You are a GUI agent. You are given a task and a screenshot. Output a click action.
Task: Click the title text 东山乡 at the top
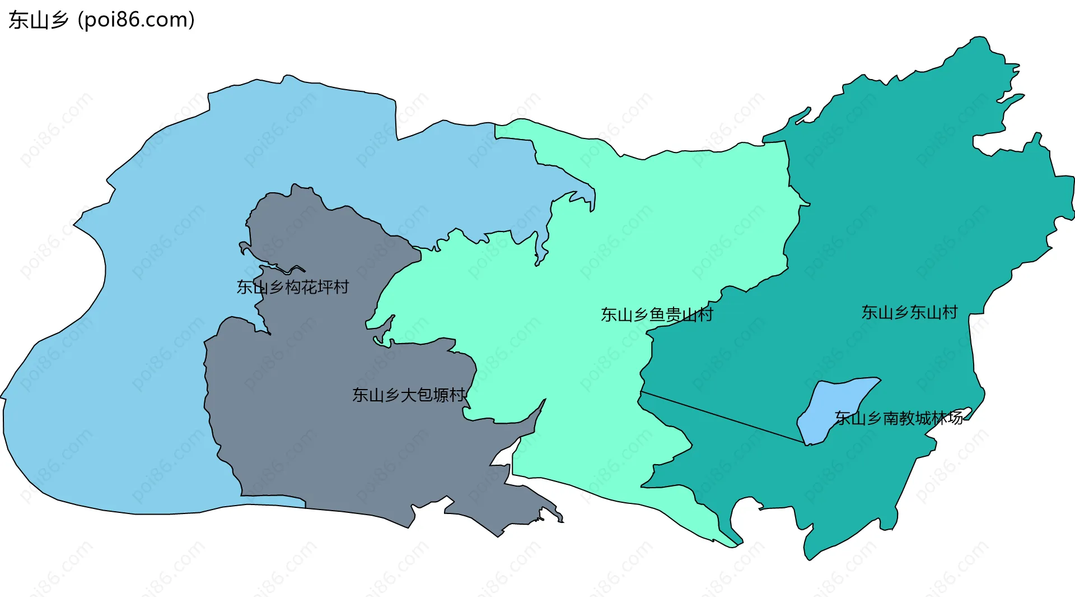pyautogui.click(x=38, y=20)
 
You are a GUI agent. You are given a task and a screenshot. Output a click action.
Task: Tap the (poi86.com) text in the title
pyautogui.click(x=137, y=20)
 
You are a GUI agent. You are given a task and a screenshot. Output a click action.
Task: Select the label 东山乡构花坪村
pyautogui.click(x=292, y=287)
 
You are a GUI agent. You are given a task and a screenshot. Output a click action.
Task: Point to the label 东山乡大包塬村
pyautogui.click(x=409, y=395)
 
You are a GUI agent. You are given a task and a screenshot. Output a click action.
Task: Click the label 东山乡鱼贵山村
pyautogui.click(x=657, y=314)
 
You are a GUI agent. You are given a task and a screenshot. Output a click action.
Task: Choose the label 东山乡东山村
pyautogui.click(x=909, y=312)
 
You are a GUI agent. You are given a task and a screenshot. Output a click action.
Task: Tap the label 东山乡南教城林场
pyautogui.click(x=899, y=418)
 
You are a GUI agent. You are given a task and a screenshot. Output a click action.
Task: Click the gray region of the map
pyautogui.click(x=336, y=448)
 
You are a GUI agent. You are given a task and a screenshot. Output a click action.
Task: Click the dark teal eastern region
pyautogui.click(x=896, y=224)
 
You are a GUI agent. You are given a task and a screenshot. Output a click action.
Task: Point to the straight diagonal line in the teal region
pyautogui.click(x=722, y=418)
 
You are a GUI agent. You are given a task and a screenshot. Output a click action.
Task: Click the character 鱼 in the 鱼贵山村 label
pyautogui.click(x=657, y=314)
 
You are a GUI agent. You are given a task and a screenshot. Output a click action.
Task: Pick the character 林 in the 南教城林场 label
pyautogui.click(x=940, y=418)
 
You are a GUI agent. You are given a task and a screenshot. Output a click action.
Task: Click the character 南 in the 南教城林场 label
pyautogui.click(x=891, y=418)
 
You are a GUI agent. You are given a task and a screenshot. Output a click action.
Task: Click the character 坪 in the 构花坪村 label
pyautogui.click(x=325, y=287)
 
